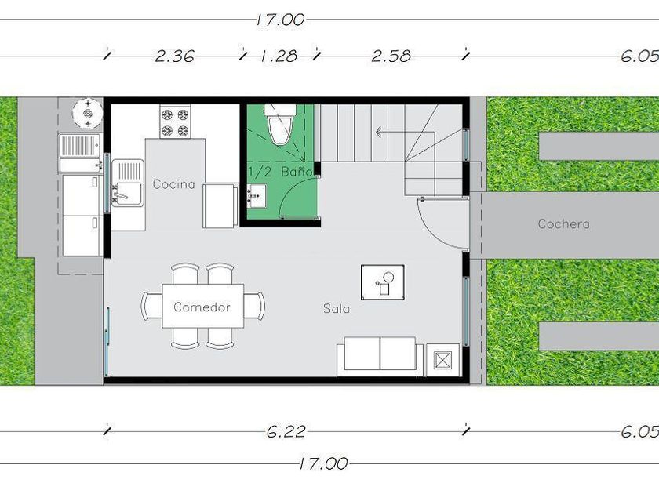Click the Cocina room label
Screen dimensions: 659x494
click(173, 184)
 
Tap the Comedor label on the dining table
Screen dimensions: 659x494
click(202, 307)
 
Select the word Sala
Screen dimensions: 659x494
click(337, 309)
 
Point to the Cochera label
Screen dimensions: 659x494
click(563, 224)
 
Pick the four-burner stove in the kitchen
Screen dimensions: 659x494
click(175, 122)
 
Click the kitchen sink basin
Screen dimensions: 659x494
click(128, 183)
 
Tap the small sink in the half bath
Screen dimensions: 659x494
click(257, 196)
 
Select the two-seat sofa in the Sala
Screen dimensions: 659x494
click(380, 356)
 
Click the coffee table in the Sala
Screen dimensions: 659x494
click(383, 282)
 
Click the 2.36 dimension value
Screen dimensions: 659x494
click(174, 56)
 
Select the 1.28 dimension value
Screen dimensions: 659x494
click(279, 56)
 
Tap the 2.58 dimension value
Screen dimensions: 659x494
click(391, 56)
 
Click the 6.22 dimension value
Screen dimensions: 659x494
click(286, 431)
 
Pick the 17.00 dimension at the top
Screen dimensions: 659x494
click(280, 20)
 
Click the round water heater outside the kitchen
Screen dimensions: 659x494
click(87, 113)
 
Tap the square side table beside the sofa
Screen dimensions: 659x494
click(443, 360)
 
